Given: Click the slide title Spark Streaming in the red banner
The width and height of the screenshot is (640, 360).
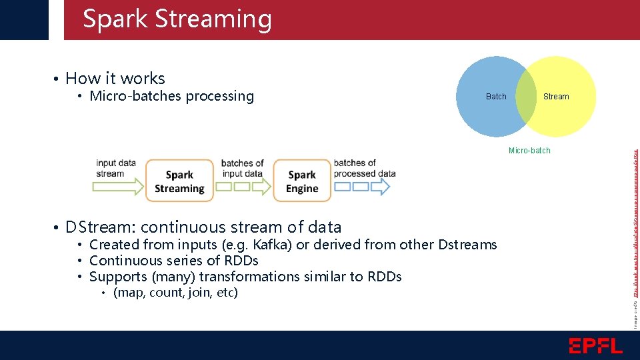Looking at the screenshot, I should [x=177, y=19].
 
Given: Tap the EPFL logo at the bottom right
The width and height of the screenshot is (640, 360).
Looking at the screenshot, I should [x=595, y=345].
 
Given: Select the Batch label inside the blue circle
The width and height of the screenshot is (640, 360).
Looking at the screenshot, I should [x=496, y=97].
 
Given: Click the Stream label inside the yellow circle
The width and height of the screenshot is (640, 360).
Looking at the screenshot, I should [x=556, y=97].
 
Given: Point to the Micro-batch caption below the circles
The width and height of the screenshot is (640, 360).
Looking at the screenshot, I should [x=529, y=151].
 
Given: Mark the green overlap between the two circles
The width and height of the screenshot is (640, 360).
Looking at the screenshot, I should [x=526, y=97].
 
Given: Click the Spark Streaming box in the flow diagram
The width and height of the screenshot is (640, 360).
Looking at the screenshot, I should [x=179, y=181].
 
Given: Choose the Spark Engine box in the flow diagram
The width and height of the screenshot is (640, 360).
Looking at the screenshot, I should [x=302, y=181].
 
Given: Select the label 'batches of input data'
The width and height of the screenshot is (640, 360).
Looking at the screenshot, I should [x=242, y=169].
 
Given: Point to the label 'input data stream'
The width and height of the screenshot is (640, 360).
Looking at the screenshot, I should [x=115, y=168].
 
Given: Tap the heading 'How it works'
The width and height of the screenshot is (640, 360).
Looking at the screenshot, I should [x=115, y=79].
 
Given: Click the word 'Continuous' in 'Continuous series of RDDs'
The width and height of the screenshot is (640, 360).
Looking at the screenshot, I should [x=126, y=261].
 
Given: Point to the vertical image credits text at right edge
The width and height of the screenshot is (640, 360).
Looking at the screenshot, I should [x=635, y=220].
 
